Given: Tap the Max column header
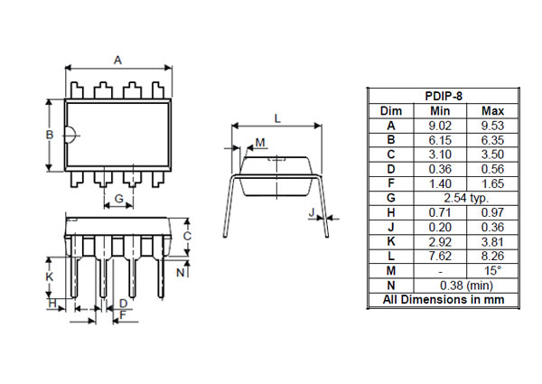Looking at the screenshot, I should pos(492,110).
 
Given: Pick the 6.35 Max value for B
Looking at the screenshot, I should pos(492,139).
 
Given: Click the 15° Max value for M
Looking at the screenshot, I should pos(492,270).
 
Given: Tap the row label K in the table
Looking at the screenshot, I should pos(390,241).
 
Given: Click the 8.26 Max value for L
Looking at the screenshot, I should pos(492,256).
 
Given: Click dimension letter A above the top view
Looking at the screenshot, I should pos(117,60).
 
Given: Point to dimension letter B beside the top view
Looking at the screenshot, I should pos(51,135).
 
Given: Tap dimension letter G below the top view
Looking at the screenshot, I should pos(119,198).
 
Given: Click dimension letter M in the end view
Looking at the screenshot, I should pos(260,143).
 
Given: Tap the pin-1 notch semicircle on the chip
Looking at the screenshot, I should pos(70,136).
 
